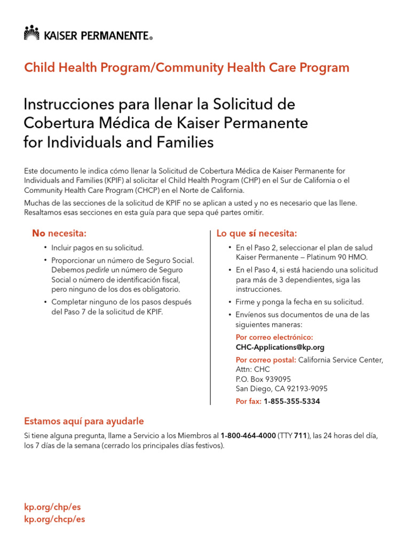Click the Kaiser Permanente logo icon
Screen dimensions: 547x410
click(x=32, y=33)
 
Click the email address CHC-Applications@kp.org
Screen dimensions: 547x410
click(x=280, y=347)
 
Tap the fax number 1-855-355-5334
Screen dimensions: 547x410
click(x=291, y=401)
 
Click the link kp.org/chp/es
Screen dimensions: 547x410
click(x=52, y=507)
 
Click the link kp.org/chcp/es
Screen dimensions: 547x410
click(x=54, y=519)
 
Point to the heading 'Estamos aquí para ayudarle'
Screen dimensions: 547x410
click(x=84, y=421)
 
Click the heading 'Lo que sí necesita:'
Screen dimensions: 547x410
click(x=256, y=233)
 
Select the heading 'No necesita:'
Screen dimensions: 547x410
click(x=59, y=233)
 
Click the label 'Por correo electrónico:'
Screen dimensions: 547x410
click(x=274, y=337)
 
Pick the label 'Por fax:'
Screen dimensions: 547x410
click(x=248, y=401)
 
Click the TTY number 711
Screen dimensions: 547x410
click(x=301, y=436)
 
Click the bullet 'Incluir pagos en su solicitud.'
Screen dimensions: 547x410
click(x=97, y=247)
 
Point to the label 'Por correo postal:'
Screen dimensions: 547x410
click(x=266, y=360)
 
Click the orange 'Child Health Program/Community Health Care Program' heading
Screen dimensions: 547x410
click(x=187, y=68)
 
